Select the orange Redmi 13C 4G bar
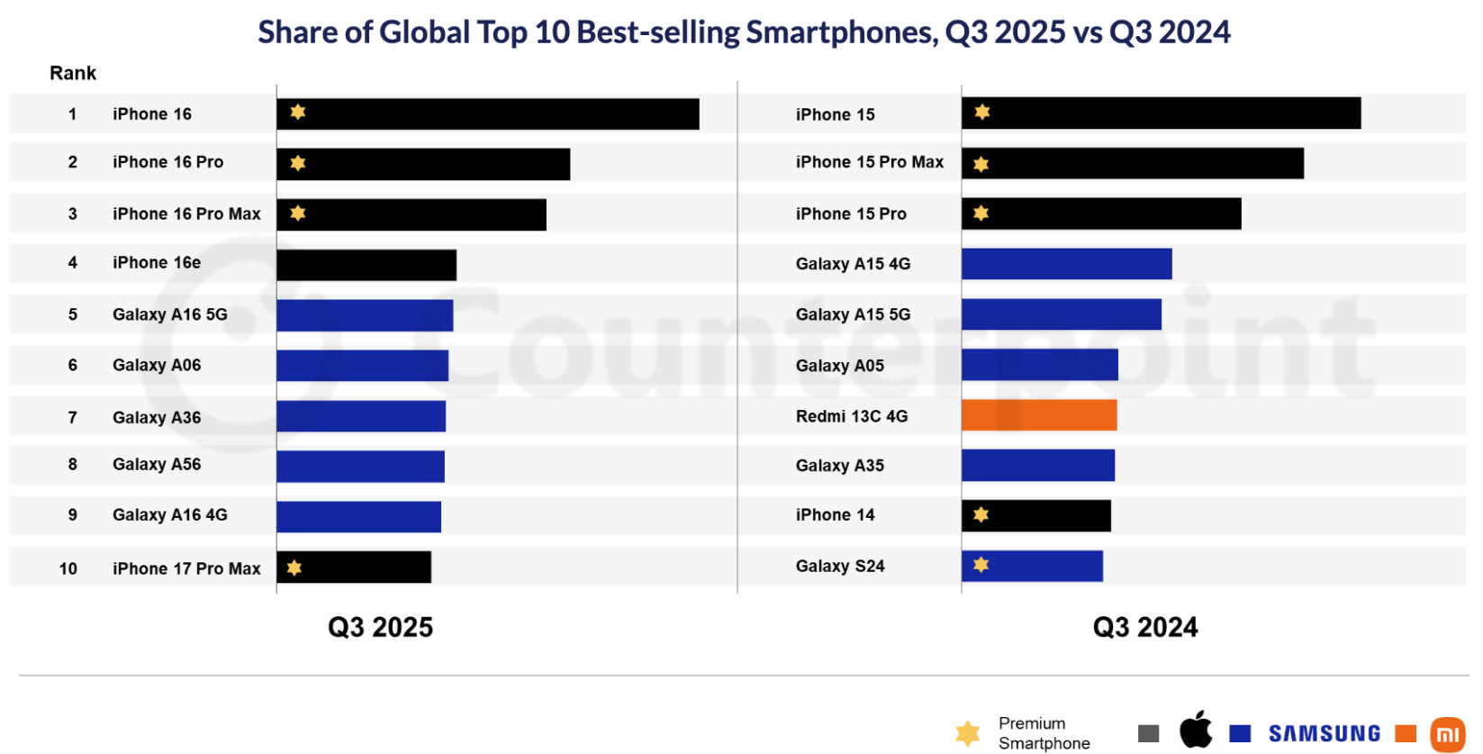(x=1039, y=415)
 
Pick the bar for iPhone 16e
(x=366, y=265)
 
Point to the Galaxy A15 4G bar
(x=1066, y=264)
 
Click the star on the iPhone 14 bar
(x=981, y=514)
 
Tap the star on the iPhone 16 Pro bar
(x=298, y=163)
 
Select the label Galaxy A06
(x=157, y=365)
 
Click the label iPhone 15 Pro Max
(x=869, y=162)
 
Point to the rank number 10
(x=68, y=568)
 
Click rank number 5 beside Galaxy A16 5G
(x=73, y=314)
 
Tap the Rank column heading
(x=73, y=73)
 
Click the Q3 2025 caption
(x=380, y=627)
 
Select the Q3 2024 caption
(x=1144, y=627)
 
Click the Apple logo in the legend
(x=1196, y=730)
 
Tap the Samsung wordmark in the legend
(x=1324, y=734)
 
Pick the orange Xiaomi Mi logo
(x=1447, y=734)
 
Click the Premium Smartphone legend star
(x=968, y=732)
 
